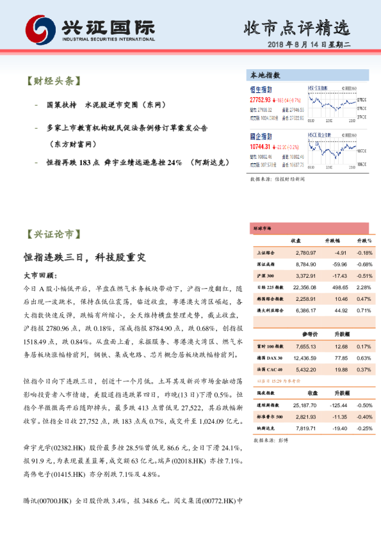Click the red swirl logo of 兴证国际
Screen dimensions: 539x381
[40, 29]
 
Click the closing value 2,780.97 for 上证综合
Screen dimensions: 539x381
[305, 253]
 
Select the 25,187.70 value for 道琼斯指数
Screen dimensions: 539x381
[305, 405]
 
